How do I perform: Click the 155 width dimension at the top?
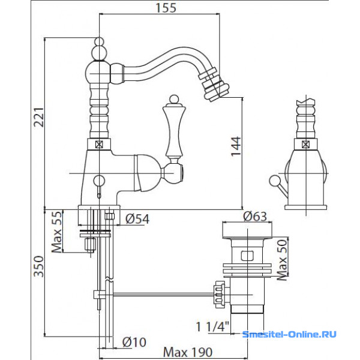[x=166, y=8]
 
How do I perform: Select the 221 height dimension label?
[x=39, y=117]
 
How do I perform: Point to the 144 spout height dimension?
[x=236, y=146]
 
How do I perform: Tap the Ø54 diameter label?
[x=137, y=219]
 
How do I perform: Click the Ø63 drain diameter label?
[x=255, y=216]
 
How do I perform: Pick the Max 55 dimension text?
[x=57, y=232]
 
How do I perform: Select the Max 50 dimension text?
[x=282, y=260]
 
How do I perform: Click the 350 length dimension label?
[x=39, y=266]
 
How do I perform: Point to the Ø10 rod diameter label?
[x=134, y=343]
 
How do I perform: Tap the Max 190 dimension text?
[x=188, y=352]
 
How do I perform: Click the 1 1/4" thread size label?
[x=212, y=326]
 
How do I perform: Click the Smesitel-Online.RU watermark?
[x=289, y=334]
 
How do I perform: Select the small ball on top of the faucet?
[x=100, y=41]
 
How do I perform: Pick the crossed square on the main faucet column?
[x=99, y=145]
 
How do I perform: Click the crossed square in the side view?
[x=306, y=145]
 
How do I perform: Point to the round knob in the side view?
[x=274, y=181]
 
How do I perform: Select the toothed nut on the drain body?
[x=220, y=295]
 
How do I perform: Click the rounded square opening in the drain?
[x=247, y=256]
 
